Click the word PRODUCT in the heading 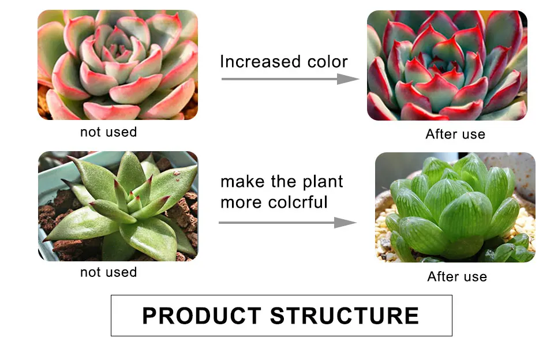201,316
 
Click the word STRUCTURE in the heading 345,316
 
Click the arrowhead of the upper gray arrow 349,78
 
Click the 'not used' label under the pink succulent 108,132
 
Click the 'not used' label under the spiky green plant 108,272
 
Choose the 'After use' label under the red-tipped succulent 455,134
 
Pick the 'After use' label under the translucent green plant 457,277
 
